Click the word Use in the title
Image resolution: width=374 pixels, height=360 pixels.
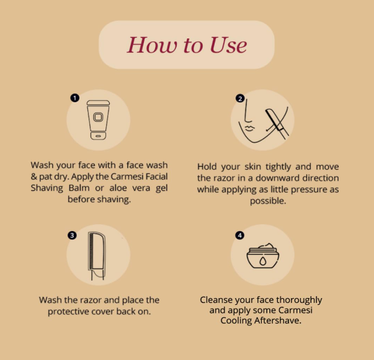(228, 45)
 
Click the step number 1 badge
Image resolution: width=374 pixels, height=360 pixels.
(75, 98)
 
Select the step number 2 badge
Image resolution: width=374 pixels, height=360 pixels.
(240, 99)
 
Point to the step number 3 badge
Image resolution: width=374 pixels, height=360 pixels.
(72, 235)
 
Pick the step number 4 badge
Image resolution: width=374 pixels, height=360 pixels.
(239, 235)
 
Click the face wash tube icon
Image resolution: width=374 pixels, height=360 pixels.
(98, 120)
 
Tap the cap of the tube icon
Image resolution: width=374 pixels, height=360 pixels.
(98, 103)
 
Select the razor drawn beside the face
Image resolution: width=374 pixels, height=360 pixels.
(277, 124)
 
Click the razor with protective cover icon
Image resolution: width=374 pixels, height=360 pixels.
(97, 256)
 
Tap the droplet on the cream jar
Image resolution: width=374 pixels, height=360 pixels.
(262, 261)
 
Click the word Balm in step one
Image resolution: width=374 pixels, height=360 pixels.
(79, 188)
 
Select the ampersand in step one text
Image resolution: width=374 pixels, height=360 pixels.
(34, 177)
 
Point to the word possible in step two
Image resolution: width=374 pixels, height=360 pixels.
(268, 201)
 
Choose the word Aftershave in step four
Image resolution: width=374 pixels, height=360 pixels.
(277, 321)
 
